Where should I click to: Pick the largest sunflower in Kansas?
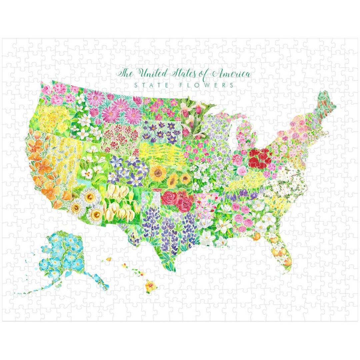[x=158, y=173]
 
